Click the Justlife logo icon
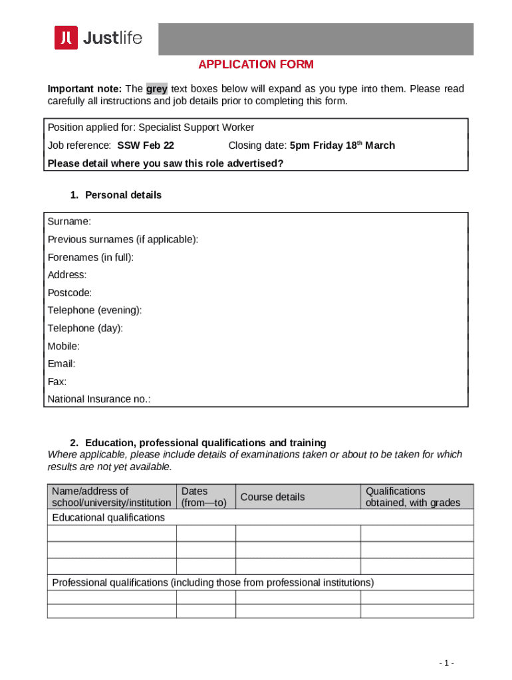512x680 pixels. (66, 38)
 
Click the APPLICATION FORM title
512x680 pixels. (256, 64)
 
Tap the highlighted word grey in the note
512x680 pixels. (157, 89)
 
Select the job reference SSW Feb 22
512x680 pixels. (146, 145)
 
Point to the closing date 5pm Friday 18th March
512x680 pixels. (342, 145)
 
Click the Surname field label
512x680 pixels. (69, 221)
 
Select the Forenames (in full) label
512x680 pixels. (90, 257)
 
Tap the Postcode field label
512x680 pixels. (70, 293)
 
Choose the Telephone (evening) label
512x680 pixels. (94, 310)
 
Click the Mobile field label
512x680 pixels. (64, 346)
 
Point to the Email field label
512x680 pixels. (61, 364)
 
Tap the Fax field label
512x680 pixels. (57, 382)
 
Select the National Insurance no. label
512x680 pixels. (99, 399)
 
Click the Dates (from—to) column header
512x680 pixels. (205, 497)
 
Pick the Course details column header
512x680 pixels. (272, 497)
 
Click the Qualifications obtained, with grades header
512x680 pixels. (412, 497)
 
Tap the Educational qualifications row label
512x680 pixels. (108, 517)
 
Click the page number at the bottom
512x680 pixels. (447, 663)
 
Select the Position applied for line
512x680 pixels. (151, 127)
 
